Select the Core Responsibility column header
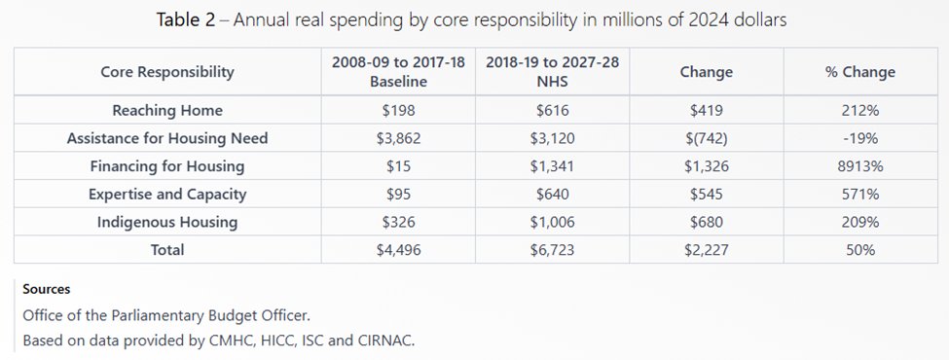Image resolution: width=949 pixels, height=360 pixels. click(167, 73)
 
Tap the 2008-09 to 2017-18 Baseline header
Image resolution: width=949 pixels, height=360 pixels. click(398, 73)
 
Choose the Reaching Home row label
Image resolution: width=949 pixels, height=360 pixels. click(167, 111)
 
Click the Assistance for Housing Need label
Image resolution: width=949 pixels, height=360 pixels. click(167, 139)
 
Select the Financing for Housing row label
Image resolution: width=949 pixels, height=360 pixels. click(167, 166)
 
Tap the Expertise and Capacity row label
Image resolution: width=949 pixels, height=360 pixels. click(167, 195)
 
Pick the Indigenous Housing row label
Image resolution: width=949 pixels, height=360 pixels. click(167, 223)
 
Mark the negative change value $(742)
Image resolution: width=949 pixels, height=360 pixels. click(707, 139)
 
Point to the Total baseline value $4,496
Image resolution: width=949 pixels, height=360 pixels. click(398, 250)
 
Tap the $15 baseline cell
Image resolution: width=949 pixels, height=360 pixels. click(398, 166)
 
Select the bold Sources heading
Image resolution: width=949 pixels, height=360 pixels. click(48, 290)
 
